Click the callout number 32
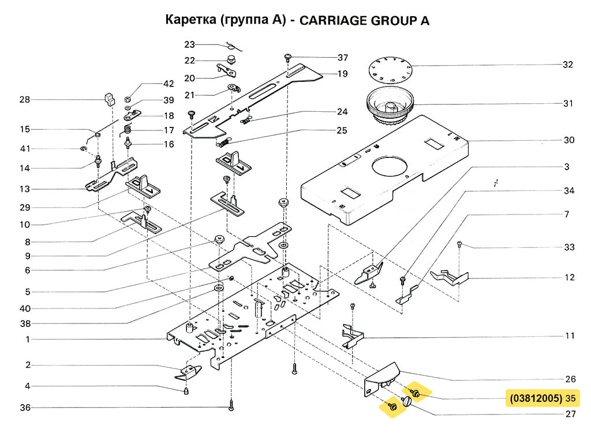pos(568,65)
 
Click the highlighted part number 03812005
pos(534,398)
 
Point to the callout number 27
pos(570,413)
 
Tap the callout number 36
pos(25,408)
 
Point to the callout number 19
pos(342,74)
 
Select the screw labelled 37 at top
pos(287,57)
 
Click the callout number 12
pos(570,277)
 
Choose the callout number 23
pos(190,44)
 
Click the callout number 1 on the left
pos(27,340)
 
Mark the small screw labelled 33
pos(459,244)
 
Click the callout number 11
pos(570,336)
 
